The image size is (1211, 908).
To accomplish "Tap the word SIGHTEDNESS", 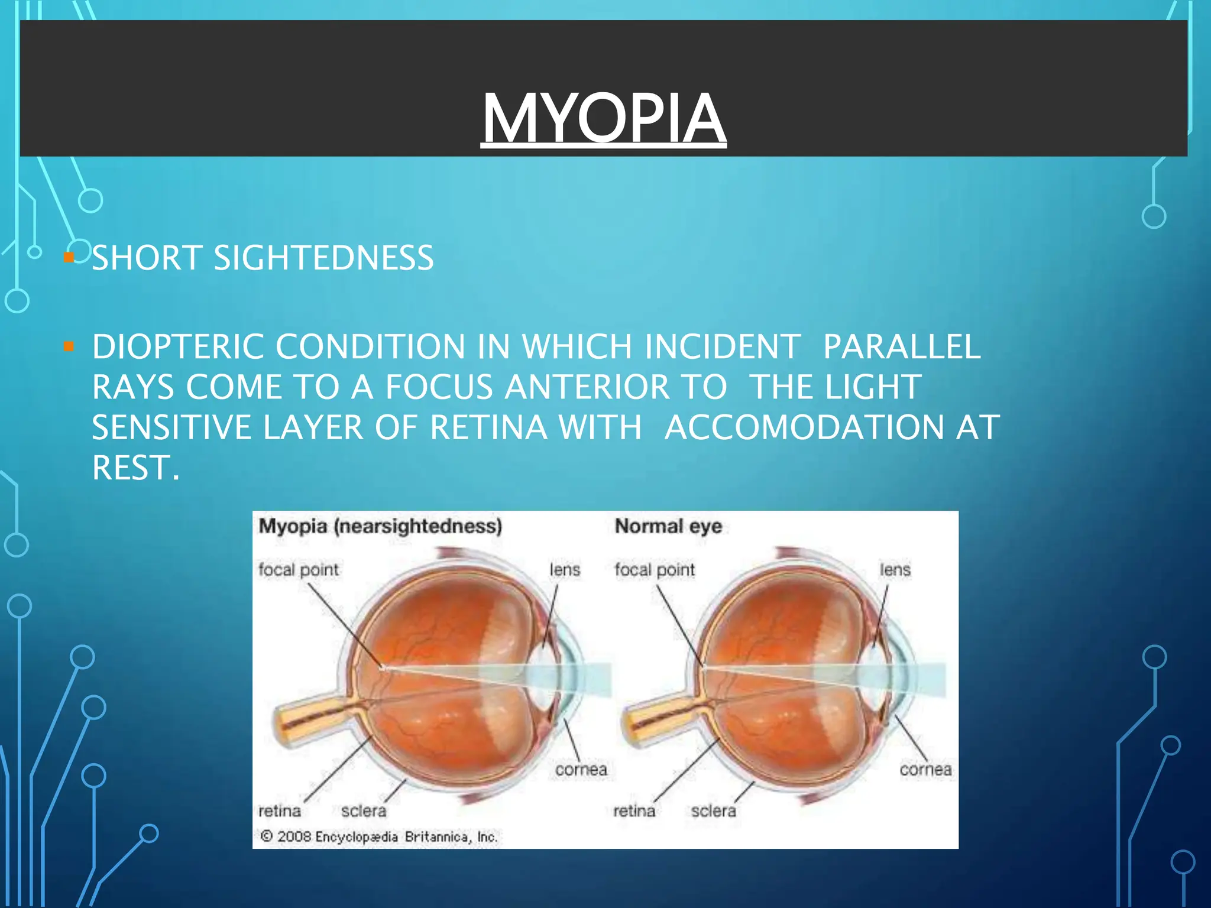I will [323, 258].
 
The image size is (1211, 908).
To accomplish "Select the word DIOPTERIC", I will [178, 346].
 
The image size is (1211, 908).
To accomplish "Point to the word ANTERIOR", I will [586, 387].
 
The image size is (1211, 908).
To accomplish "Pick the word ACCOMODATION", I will [804, 427].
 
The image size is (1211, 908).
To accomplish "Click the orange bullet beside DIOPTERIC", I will [69, 346].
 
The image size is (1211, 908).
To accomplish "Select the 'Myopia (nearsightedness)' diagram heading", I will [380, 526].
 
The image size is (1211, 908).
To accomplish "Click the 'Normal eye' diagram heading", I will [668, 526].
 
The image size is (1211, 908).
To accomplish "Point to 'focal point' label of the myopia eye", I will [299, 569].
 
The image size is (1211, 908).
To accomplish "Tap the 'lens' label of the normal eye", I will [895, 569].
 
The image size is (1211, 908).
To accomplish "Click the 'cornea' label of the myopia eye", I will [581, 769].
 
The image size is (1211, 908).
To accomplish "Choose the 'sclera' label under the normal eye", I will [713, 810].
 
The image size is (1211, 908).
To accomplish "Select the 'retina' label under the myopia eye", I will [280, 810].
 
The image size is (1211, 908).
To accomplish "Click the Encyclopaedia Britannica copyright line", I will [379, 836].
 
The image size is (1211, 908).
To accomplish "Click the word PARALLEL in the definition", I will [902, 346].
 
